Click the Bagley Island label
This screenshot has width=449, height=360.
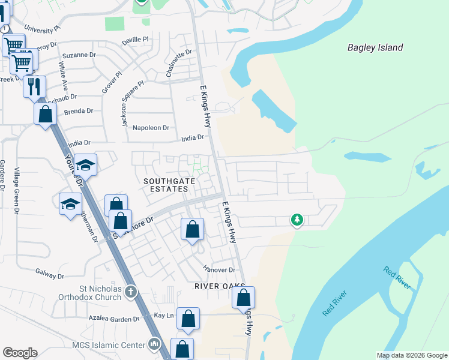click(375, 47)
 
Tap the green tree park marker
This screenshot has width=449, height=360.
click(297, 220)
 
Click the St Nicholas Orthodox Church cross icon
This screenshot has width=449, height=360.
click(131, 292)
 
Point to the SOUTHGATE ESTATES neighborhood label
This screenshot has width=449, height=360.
click(165, 184)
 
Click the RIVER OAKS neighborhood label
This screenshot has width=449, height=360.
click(216, 286)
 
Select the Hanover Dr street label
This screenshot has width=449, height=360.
click(219, 270)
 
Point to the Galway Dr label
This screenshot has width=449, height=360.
click(50, 276)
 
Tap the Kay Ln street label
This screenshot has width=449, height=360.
click(164, 315)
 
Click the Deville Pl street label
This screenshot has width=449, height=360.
click(135, 40)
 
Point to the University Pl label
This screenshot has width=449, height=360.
click(43, 28)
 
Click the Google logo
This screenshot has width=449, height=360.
click(20, 353)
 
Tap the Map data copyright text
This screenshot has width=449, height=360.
click(411, 355)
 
